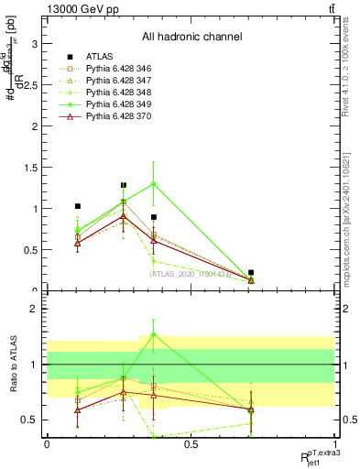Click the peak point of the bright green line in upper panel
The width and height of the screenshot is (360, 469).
coord(154,183)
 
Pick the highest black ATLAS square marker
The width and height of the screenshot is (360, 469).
coord(124,185)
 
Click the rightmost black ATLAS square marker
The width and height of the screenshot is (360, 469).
coord(251,272)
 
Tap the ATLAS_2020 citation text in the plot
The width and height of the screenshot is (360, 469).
coord(191,273)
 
